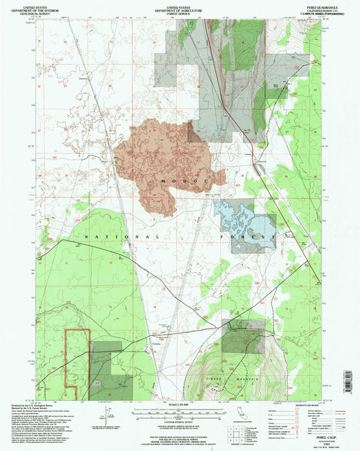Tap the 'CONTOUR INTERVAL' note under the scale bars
tap(179, 424)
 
